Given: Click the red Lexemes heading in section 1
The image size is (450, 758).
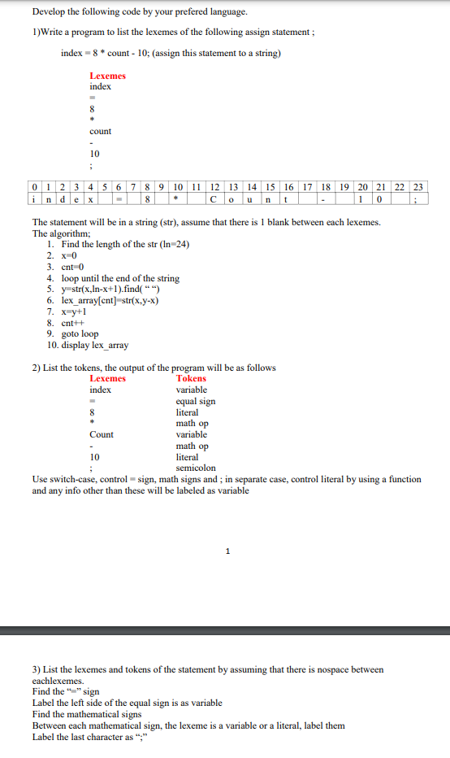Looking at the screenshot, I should click(107, 76).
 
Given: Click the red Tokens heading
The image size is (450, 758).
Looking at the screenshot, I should click(191, 378).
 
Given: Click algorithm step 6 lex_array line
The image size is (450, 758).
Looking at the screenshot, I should click(102, 300).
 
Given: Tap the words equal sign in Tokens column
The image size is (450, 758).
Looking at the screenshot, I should click(196, 401).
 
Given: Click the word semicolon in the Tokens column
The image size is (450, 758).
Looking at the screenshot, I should click(196, 468).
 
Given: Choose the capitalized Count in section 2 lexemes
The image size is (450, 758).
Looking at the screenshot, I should click(102, 434).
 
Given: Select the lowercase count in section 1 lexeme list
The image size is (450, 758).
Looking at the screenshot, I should click(101, 131).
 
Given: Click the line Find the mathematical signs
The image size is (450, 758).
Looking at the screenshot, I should click(86, 714).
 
